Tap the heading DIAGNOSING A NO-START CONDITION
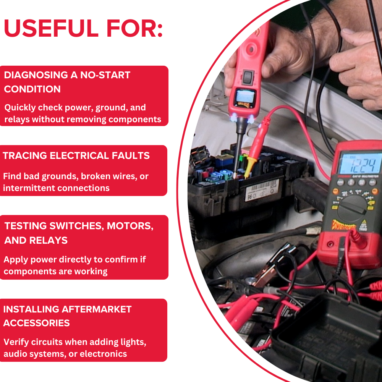[x=67, y=82]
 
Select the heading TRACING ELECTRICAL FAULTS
[x=76, y=156]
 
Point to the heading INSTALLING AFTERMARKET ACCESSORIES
[x=67, y=316]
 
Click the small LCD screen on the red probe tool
[x=244, y=97]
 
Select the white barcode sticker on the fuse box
[x=262, y=190]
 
